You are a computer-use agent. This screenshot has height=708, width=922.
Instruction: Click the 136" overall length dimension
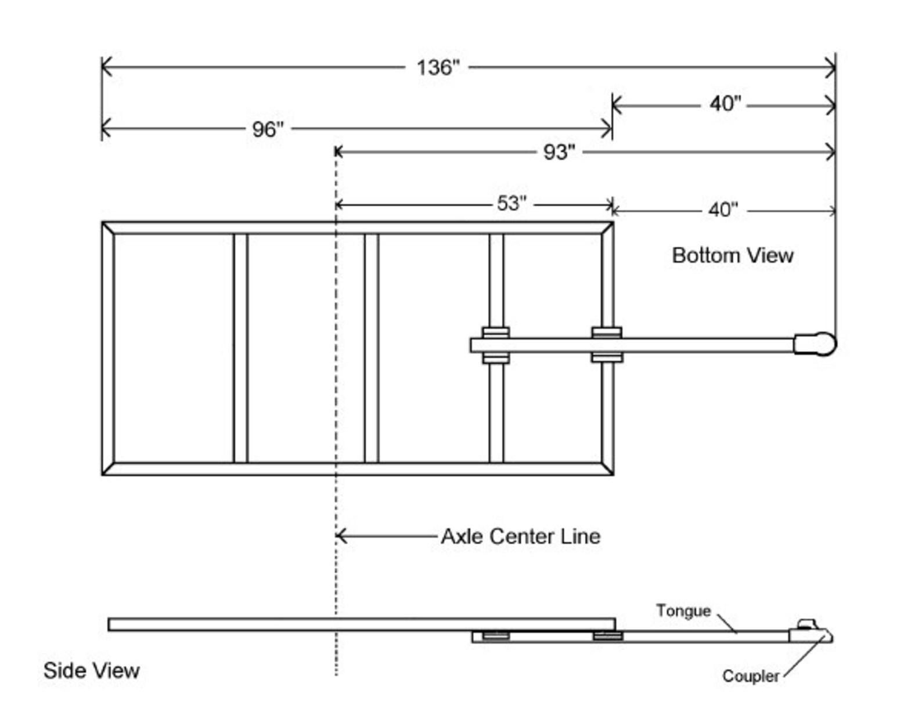pyautogui.click(x=438, y=67)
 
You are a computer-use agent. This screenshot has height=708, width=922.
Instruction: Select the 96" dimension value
pyautogui.click(x=268, y=129)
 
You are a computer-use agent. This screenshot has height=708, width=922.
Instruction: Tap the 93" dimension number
pyautogui.click(x=559, y=152)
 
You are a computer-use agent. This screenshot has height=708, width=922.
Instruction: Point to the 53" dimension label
pyautogui.click(x=512, y=204)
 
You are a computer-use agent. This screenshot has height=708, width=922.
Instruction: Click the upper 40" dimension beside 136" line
pyautogui.click(x=725, y=104)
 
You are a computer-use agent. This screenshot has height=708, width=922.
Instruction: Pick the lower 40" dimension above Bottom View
pyautogui.click(x=723, y=209)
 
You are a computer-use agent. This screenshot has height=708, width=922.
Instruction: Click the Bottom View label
pyautogui.click(x=732, y=255)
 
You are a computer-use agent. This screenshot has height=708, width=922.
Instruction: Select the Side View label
pyautogui.click(x=91, y=671)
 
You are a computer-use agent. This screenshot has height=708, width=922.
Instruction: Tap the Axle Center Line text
pyautogui.click(x=520, y=536)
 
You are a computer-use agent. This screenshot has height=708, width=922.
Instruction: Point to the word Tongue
pyautogui.click(x=683, y=611)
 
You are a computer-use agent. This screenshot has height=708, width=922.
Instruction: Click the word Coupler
pyautogui.click(x=750, y=676)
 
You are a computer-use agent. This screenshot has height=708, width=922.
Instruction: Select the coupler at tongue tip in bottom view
pyautogui.click(x=815, y=344)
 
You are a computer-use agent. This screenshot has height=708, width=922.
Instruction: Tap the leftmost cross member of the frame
pyautogui.click(x=240, y=348)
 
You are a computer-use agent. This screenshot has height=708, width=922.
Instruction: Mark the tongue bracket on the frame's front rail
pyautogui.click(x=607, y=345)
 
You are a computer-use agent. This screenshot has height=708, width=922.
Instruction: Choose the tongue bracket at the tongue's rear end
pyautogui.click(x=495, y=345)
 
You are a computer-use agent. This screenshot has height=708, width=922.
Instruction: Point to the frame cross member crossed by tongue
pyautogui.click(x=496, y=406)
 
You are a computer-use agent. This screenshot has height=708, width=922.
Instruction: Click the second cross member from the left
pyautogui.click(x=372, y=348)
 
